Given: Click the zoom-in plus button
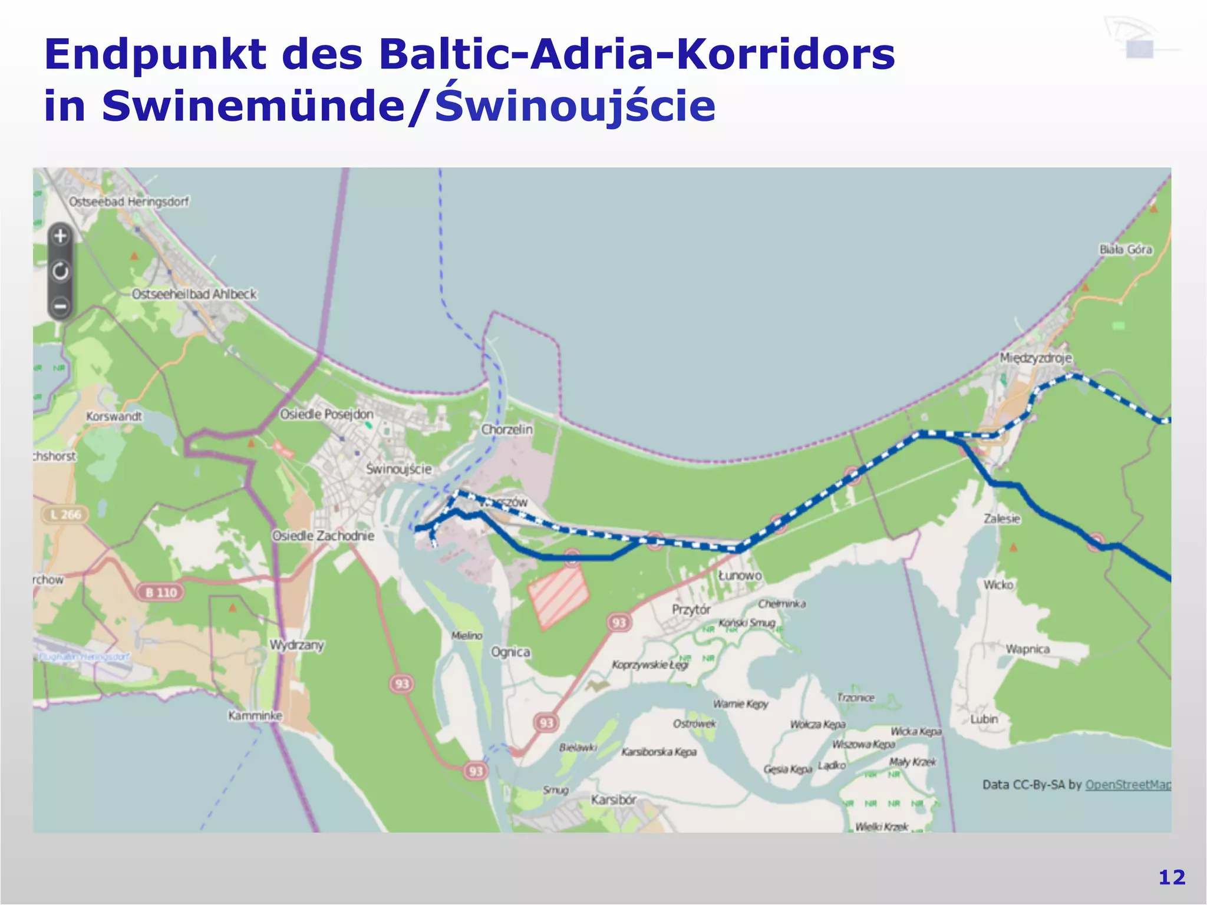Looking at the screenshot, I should tap(61, 237).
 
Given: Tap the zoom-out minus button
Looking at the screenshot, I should tap(61, 306).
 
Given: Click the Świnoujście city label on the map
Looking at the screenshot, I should tap(399, 469).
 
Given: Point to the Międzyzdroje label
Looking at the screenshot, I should tap(1035, 358).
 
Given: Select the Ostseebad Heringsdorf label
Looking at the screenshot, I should tap(129, 202).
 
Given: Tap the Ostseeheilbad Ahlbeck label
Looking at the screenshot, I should tap(194, 294).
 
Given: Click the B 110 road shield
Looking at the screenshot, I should tap(161, 592).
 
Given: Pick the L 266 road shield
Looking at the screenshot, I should tap(65, 514).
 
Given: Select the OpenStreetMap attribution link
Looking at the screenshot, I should tap(1127, 785).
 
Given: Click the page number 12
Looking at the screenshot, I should tap(1172, 877).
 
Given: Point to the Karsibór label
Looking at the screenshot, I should tap(614, 800).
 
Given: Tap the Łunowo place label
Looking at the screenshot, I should tap(740, 575).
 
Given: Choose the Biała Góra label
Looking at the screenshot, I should tap(1126, 249).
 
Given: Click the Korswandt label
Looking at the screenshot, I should tap(114, 416).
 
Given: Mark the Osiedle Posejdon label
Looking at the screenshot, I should tap(327, 414).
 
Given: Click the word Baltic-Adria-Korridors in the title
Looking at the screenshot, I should tap(637, 54).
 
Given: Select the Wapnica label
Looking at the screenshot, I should tap(1027, 649).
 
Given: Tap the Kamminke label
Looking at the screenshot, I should tap(255, 715).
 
